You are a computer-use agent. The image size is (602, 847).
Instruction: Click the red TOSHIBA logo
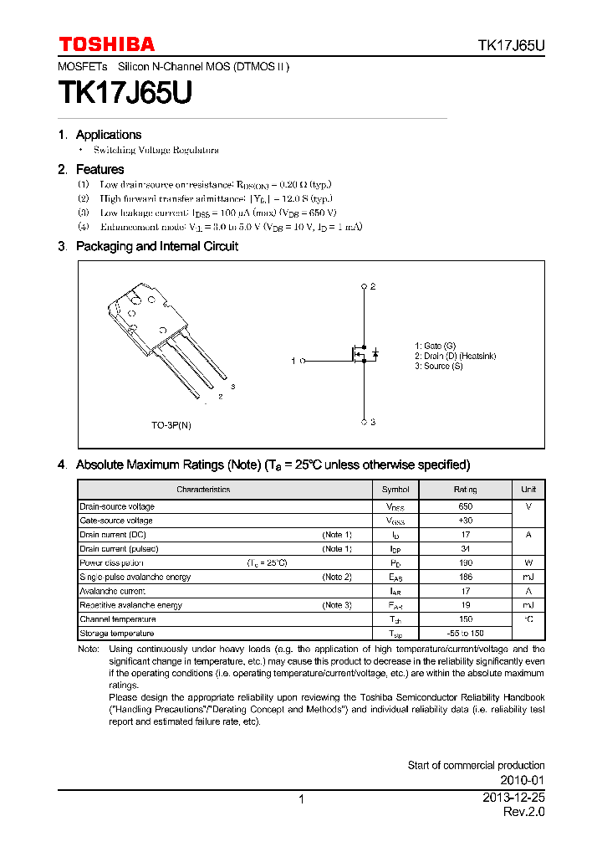pyautogui.click(x=106, y=44)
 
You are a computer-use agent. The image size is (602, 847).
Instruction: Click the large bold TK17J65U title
pyautogui.click(x=125, y=93)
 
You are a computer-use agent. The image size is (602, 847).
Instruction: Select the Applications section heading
pyautogui.click(x=109, y=135)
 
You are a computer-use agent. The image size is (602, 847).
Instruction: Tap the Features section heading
pyautogui.click(x=99, y=169)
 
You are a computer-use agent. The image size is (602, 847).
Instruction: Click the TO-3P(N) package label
pyautogui.click(x=171, y=425)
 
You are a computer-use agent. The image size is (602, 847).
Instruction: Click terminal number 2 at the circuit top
pyautogui.click(x=373, y=287)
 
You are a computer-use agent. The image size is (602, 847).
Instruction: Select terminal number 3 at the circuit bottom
pyautogui.click(x=373, y=423)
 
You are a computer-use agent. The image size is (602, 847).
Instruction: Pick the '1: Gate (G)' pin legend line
pyautogui.click(x=435, y=346)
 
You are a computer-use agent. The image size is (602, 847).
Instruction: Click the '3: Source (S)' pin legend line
pyautogui.click(x=439, y=367)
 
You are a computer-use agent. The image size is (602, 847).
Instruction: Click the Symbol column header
pyautogui.click(x=395, y=490)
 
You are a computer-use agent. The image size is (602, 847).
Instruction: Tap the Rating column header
pyautogui.click(x=466, y=490)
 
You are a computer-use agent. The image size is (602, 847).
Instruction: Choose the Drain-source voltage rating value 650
pyautogui.click(x=466, y=506)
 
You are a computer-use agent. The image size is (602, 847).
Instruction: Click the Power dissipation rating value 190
pyautogui.click(x=466, y=563)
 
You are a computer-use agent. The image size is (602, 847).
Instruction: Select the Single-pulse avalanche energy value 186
pyautogui.click(x=466, y=577)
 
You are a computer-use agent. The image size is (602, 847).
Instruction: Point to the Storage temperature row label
pyautogui.click(x=117, y=634)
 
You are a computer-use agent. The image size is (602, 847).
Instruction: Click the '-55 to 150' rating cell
pyautogui.click(x=466, y=634)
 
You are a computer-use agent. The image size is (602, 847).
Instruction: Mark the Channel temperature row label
pyautogui.click(x=118, y=619)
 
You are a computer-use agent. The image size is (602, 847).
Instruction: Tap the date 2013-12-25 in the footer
pyautogui.click(x=513, y=798)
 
